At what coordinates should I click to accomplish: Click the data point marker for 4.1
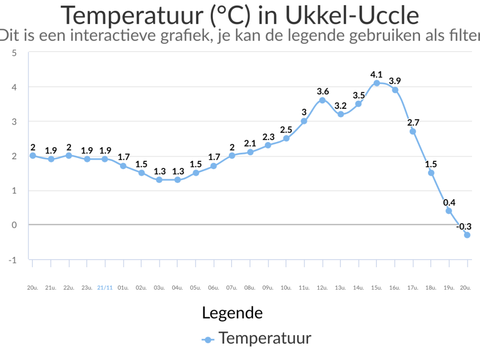[x=376, y=83]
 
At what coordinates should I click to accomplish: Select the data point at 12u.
[x=322, y=100]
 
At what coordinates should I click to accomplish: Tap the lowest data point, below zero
[x=467, y=235]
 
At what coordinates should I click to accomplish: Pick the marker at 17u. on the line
[x=412, y=131]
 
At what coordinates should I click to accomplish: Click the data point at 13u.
[x=340, y=114]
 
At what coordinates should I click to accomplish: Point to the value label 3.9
[x=395, y=81]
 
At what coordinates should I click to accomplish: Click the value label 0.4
[x=449, y=202]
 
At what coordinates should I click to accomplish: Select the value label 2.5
[x=286, y=130]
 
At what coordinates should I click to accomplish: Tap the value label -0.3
[x=464, y=226]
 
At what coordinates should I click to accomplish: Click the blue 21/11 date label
[x=105, y=288]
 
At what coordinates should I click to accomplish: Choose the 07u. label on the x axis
[x=232, y=288]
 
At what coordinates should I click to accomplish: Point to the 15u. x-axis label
[x=376, y=288]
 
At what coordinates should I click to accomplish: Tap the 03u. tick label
[x=159, y=288]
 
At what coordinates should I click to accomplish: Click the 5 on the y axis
[x=14, y=53]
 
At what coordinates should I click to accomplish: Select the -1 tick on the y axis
[x=12, y=260]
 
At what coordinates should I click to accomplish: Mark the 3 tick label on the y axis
[x=14, y=122]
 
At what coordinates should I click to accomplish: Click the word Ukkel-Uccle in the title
[x=352, y=15]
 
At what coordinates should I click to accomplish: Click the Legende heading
[x=232, y=313]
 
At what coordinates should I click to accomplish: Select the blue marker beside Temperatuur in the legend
[x=208, y=340]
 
